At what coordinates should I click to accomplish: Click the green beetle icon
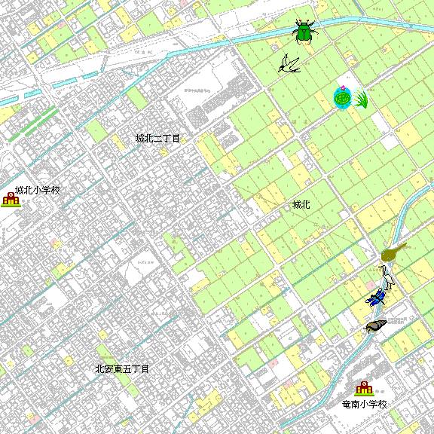click(304, 32)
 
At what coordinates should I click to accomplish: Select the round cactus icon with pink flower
click(343, 98)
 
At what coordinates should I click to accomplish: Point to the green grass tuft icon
click(361, 99)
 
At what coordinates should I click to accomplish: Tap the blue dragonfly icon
click(377, 298)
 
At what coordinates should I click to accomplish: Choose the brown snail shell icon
click(375, 326)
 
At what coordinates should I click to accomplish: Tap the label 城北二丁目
click(157, 139)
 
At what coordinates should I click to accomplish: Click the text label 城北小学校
click(38, 191)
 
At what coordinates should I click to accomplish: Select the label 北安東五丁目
click(122, 369)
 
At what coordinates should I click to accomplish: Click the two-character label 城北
click(301, 204)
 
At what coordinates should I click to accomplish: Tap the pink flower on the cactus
click(342, 88)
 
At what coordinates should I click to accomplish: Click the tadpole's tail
click(403, 246)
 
